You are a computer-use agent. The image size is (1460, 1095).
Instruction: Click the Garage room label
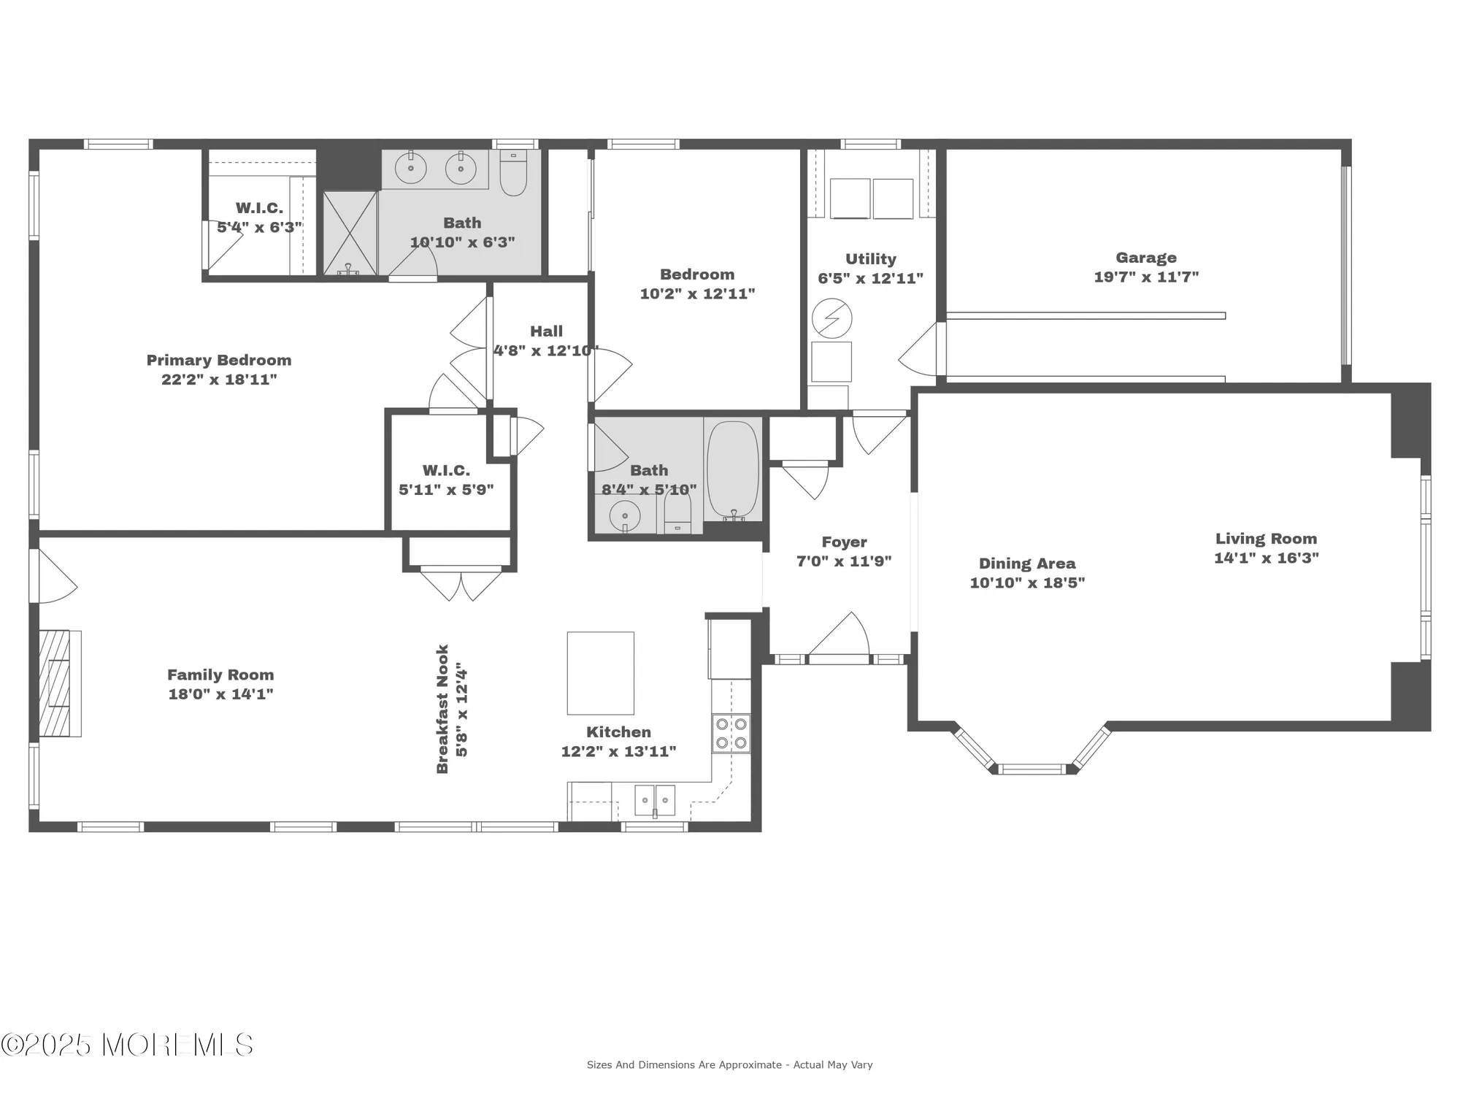point(1145,258)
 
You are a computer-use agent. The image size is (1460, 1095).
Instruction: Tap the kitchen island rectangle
point(600,673)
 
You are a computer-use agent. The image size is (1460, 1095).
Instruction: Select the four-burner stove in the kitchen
point(731,734)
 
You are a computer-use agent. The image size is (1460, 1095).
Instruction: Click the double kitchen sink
point(655,800)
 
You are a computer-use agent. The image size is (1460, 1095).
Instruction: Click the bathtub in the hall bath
point(732,469)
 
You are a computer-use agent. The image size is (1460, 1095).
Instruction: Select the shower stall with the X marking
point(350,233)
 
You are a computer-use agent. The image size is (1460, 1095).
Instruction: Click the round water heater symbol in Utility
point(831,318)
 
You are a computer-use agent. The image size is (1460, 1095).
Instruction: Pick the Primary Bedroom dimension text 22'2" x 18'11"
point(219,380)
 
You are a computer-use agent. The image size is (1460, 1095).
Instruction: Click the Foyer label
point(844,542)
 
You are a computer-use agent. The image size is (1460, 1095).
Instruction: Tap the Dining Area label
point(1026,564)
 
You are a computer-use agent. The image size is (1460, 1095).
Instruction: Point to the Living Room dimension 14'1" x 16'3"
point(1266,558)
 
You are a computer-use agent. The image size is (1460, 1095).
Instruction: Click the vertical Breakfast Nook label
point(442,709)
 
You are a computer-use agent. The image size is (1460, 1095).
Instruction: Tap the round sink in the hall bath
point(624,515)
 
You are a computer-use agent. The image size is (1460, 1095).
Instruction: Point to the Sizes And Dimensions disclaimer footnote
point(729,1065)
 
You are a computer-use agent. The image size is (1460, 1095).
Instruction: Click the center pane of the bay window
point(1031,768)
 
